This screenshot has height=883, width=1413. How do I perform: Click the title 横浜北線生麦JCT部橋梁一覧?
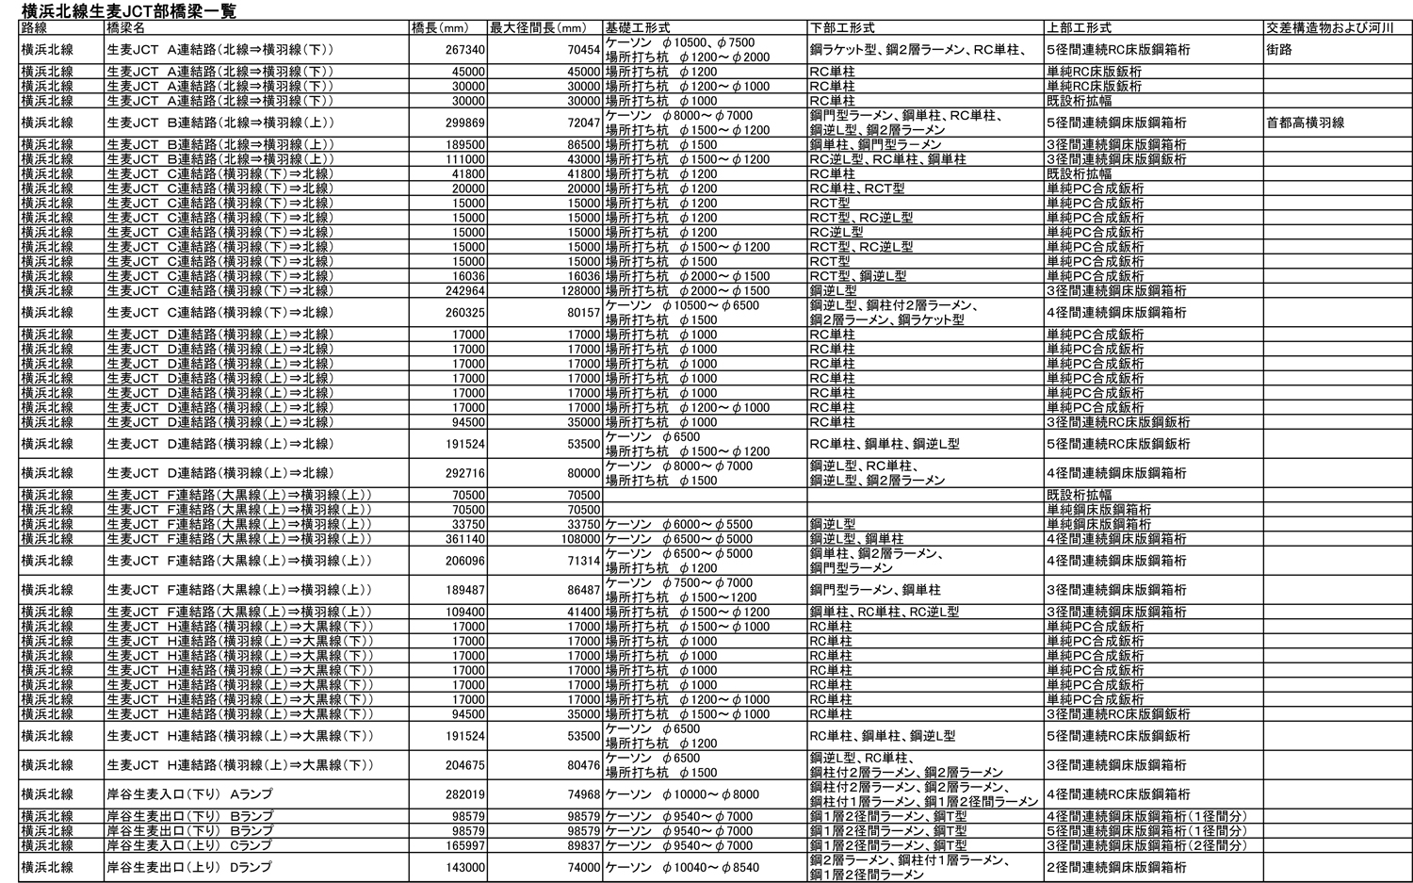[129, 10]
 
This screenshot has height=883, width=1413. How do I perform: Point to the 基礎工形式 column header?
[638, 27]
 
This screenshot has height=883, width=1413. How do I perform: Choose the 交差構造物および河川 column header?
[1329, 27]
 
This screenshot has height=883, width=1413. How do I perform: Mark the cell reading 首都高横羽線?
[1305, 123]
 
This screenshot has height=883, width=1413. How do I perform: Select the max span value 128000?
[577, 291]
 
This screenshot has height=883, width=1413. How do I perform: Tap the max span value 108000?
[577, 539]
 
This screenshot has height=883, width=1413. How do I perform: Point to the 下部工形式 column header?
[842, 27]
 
